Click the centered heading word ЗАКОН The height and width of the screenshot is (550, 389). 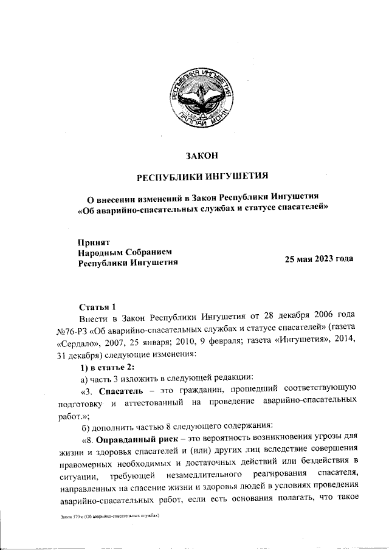click(202, 156)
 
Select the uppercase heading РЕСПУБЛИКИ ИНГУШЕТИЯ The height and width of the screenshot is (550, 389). click(202, 177)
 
